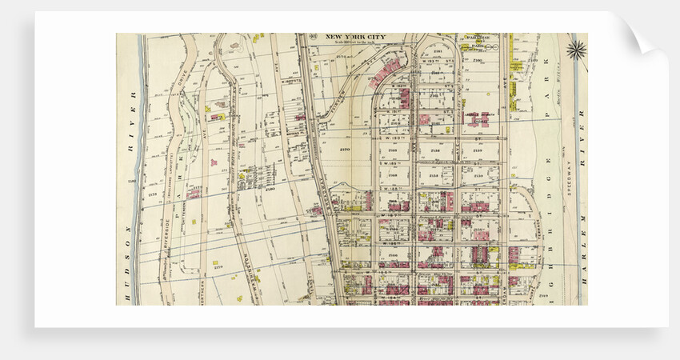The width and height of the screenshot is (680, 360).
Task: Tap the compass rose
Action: point(576,50)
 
